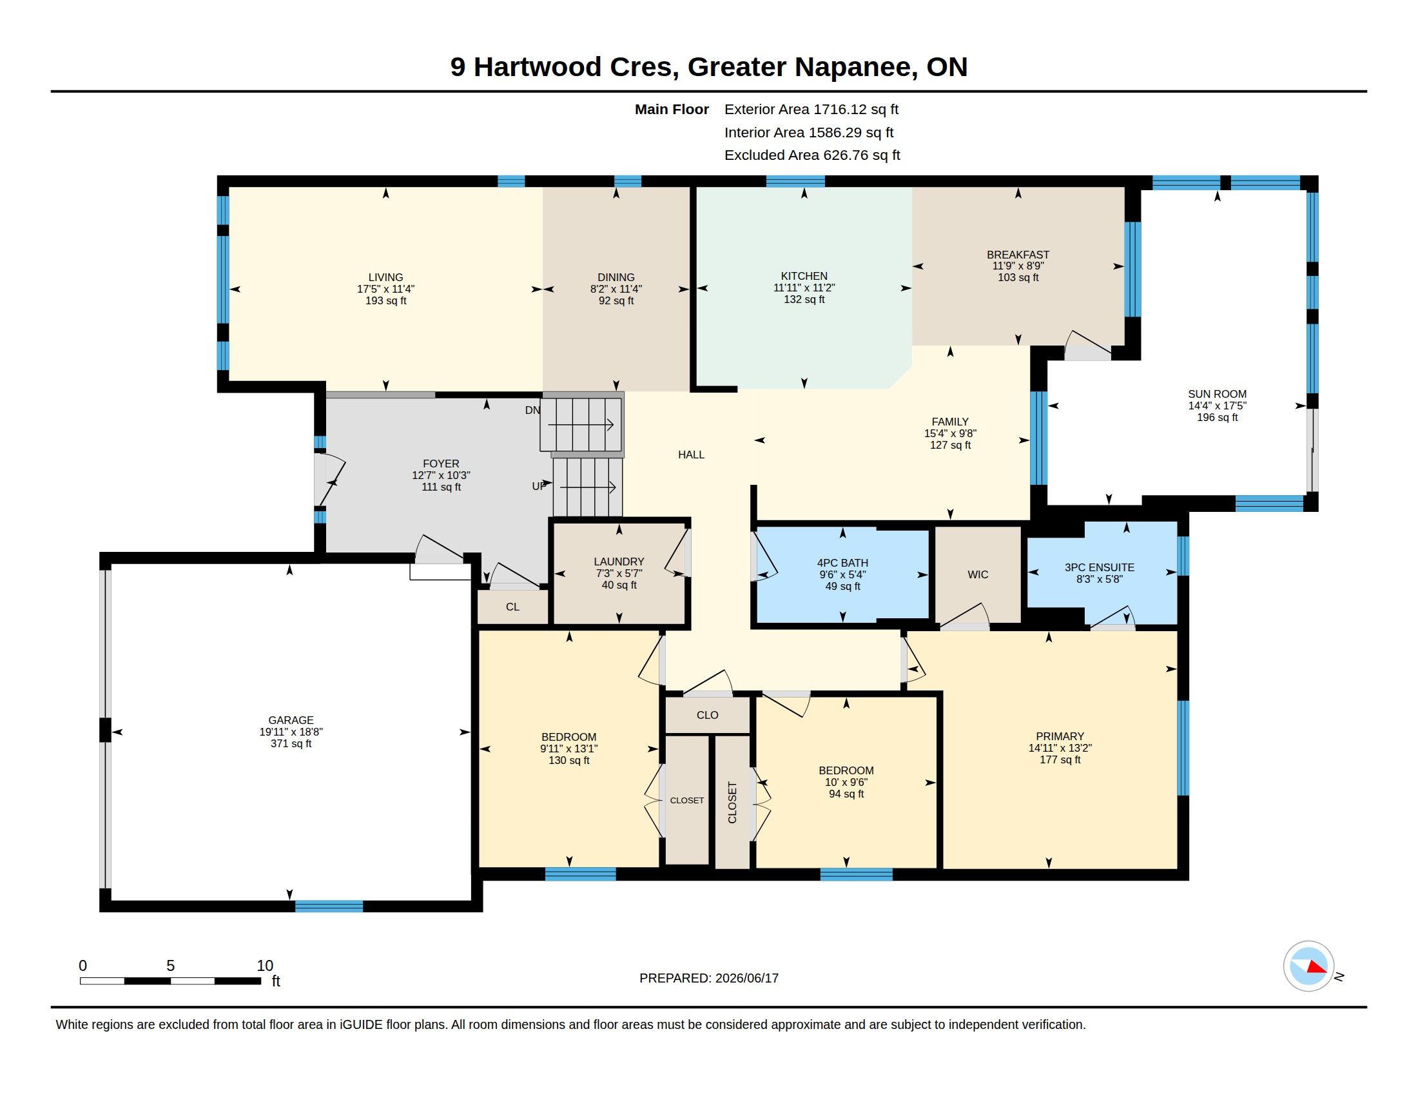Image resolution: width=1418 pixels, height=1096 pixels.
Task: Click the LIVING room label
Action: click(385, 277)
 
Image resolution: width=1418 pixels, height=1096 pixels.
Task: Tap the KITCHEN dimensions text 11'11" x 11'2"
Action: click(804, 288)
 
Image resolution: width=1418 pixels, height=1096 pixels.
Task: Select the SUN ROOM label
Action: click(1217, 394)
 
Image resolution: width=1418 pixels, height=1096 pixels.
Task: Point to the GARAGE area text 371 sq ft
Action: click(291, 743)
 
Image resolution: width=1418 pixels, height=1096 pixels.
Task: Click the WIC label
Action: click(978, 574)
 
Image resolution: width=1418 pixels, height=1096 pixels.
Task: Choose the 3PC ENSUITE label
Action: click(1099, 567)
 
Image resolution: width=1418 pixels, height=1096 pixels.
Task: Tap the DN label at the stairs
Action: click(532, 410)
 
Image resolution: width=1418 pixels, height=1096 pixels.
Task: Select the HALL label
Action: click(691, 455)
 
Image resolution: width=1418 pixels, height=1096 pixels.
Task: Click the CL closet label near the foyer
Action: click(512, 607)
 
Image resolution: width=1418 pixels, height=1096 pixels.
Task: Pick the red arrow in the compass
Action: click(1317, 967)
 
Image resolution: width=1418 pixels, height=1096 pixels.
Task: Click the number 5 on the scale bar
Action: click(170, 966)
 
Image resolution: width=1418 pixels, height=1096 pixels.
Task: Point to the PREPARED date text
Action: click(709, 978)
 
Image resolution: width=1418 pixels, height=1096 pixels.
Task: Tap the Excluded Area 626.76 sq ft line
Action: click(812, 155)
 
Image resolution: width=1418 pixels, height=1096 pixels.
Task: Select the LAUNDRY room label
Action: click(619, 562)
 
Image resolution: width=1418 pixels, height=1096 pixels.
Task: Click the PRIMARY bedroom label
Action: click(1060, 736)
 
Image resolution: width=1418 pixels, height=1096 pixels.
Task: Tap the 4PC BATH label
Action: click(842, 563)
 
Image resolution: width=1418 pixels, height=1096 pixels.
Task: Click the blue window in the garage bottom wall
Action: click(329, 906)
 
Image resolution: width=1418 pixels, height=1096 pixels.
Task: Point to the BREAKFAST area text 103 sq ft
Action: click(1018, 278)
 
